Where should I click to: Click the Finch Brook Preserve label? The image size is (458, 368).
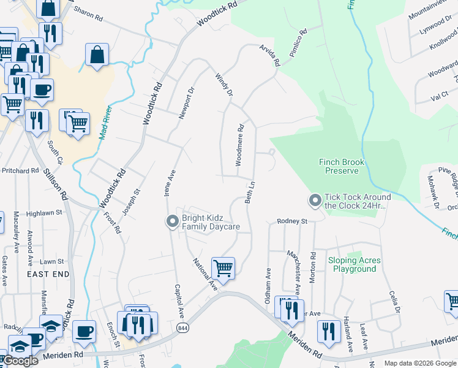tap(342, 167)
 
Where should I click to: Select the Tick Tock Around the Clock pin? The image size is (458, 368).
tap(315, 201)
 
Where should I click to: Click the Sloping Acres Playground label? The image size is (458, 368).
tap(354, 265)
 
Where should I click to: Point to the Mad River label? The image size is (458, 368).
tap(105, 123)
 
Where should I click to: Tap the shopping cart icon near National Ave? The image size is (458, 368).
tap(223, 268)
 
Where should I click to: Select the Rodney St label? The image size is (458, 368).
tap(291, 221)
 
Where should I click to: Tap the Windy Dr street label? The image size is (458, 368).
tap(224, 85)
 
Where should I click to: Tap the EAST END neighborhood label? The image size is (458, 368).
tap(48, 275)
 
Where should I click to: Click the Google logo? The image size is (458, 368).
tap(20, 361)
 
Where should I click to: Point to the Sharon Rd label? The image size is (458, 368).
tap(88, 15)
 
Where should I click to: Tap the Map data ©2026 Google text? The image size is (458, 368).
tap(419, 363)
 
